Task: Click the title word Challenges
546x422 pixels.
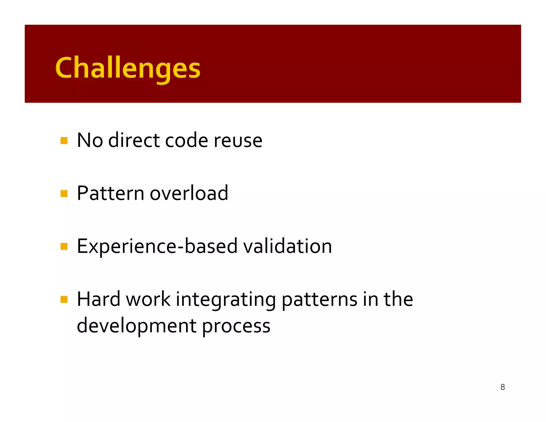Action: pos(127,68)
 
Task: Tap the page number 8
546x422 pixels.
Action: pos(503,387)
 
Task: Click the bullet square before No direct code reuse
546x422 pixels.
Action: pos(64,141)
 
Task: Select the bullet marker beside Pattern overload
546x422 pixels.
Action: pos(64,193)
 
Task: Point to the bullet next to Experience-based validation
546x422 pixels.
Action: pos(64,246)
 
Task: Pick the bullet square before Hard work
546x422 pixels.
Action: pos(64,299)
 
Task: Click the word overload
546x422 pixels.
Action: pos(189,193)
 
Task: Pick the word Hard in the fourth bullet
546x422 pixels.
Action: pos(98,299)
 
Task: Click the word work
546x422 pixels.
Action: pos(148,299)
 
